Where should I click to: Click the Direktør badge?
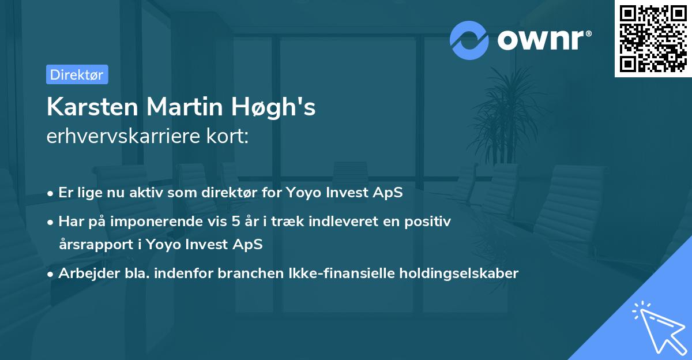pyautogui.click(x=77, y=74)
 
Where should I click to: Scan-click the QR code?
pyautogui.click(x=653, y=38)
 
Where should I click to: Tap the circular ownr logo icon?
pyautogui.click(x=469, y=40)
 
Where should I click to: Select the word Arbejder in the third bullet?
pyautogui.click(x=84, y=273)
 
